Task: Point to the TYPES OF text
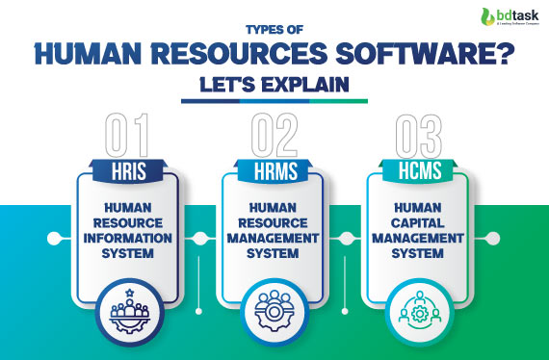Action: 274,30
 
